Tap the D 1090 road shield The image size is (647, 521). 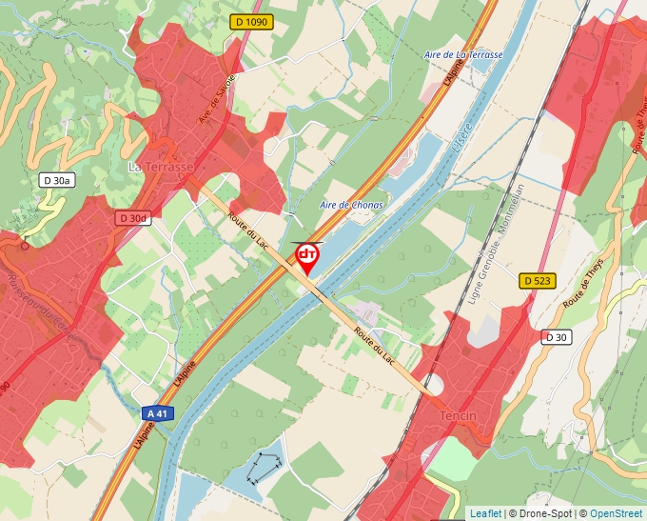coord(251,22)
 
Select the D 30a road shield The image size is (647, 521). coord(56,180)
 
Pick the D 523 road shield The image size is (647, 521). coord(537,280)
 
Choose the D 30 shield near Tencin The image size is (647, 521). coord(556,337)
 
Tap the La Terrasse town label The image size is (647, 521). coord(161,167)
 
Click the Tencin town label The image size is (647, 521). coord(458,417)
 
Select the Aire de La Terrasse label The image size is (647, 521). coord(463,55)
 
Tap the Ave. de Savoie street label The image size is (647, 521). coord(216,101)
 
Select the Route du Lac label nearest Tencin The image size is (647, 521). coord(375,345)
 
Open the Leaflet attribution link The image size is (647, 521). coord(485,514)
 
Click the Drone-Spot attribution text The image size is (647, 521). coord(539,514)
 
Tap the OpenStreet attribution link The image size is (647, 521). coord(616,514)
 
